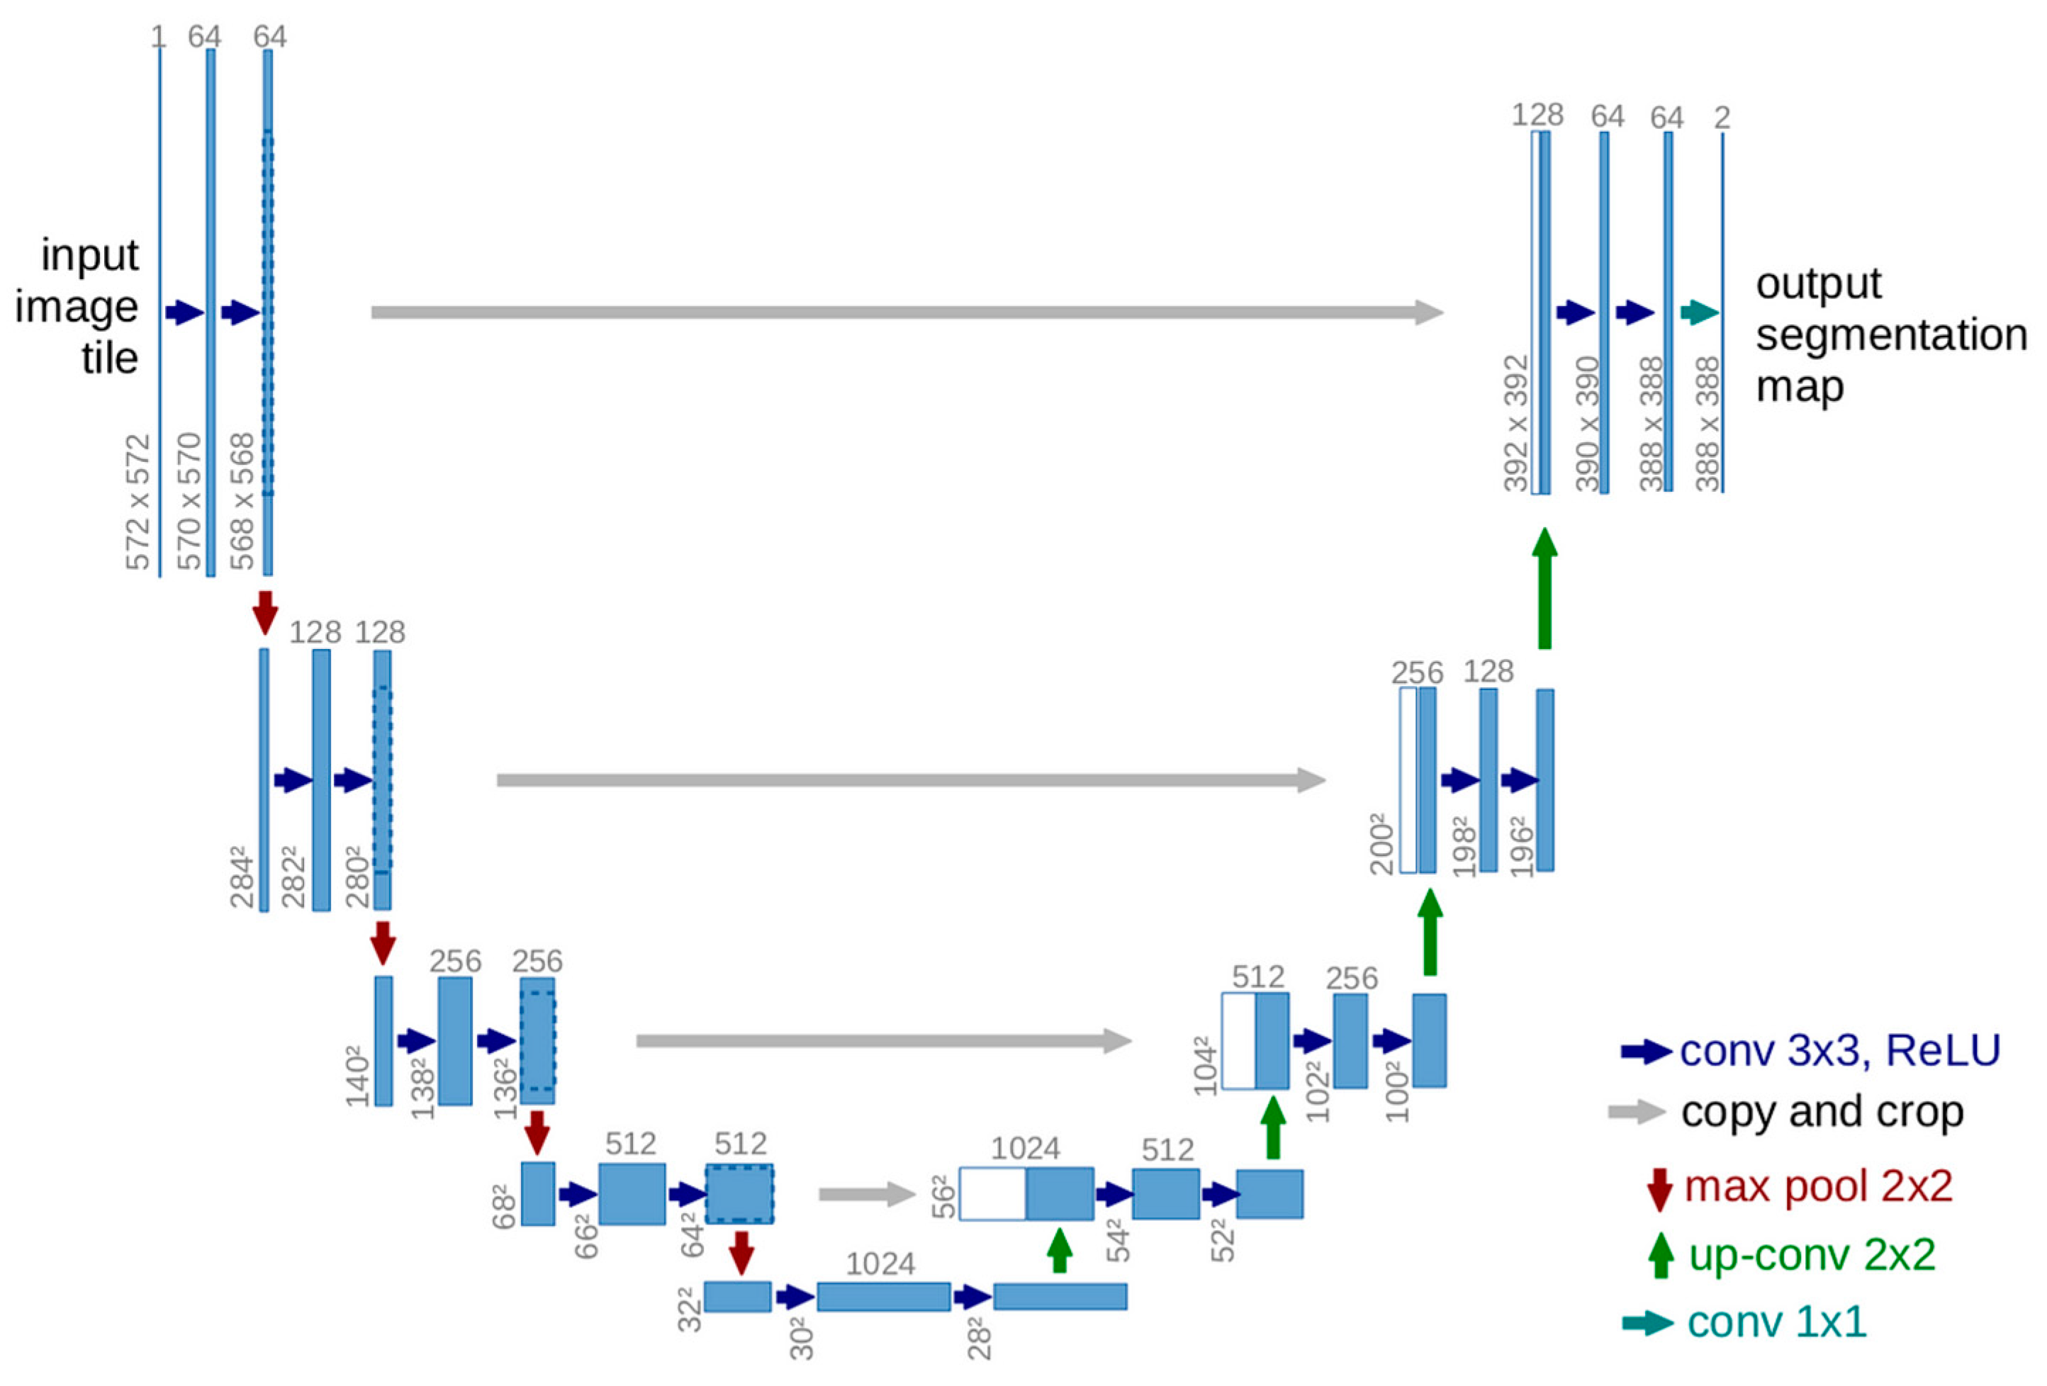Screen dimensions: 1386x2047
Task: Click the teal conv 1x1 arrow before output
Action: coord(1698,312)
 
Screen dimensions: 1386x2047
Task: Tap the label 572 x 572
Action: coord(138,502)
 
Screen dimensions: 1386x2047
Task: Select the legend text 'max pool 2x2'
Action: coord(1818,1185)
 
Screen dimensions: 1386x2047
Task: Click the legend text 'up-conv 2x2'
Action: coord(1812,1254)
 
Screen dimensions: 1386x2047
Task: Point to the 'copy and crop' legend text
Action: coord(1822,1111)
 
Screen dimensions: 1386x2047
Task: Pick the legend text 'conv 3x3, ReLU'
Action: coord(1840,1049)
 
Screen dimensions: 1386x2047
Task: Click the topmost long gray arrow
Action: coord(907,312)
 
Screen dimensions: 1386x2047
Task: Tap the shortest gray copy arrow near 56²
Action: coord(868,1194)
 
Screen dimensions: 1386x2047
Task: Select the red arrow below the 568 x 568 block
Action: coord(265,611)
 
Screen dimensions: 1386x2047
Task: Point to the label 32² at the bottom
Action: coord(690,1309)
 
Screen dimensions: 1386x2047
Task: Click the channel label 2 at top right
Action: coord(1722,117)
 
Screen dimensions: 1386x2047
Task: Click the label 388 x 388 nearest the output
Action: coord(1707,422)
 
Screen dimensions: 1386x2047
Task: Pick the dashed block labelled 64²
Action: coord(739,1194)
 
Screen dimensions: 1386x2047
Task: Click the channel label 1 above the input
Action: coord(159,37)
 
